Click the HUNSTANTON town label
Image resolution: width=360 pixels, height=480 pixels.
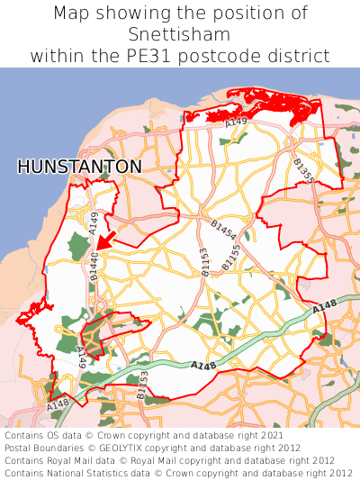click(x=79, y=167)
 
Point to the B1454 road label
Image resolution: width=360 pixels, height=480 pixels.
click(x=223, y=229)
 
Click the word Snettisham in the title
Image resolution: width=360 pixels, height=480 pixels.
click(x=180, y=34)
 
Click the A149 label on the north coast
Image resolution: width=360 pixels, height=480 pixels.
click(x=236, y=122)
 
